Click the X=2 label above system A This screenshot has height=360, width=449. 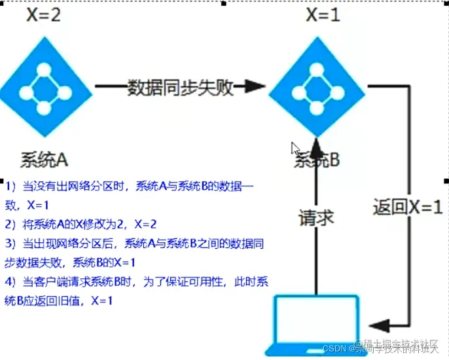44,15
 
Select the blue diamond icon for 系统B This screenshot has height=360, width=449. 317,88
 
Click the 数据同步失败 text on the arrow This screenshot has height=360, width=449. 180,87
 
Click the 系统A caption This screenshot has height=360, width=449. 45,159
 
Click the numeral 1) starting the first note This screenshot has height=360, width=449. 12,187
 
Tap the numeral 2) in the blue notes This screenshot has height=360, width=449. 12,223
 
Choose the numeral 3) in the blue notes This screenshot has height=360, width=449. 12,243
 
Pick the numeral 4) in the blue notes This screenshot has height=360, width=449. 12,281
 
